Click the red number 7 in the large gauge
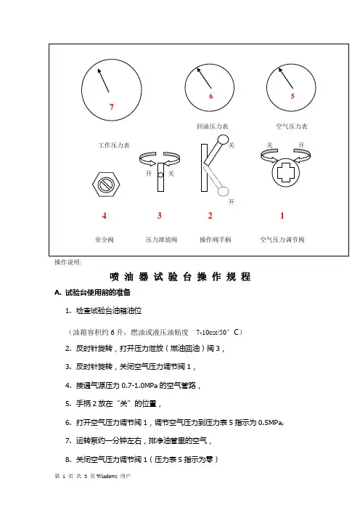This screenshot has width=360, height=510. click(x=112, y=107)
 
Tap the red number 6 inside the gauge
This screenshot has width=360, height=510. click(x=211, y=96)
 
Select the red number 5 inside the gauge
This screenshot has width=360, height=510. click(x=292, y=96)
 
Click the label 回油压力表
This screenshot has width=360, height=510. click(x=213, y=126)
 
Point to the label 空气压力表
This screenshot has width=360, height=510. click(x=292, y=126)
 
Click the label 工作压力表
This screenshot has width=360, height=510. click(x=114, y=145)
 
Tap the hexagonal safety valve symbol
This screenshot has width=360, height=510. click(x=106, y=185)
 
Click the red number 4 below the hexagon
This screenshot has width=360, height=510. click(x=105, y=216)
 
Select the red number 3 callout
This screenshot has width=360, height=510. click(x=160, y=216)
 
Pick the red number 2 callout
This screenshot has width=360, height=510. click(x=210, y=216)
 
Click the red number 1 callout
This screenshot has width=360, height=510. click(x=282, y=216)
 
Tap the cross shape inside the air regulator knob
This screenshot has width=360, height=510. click(x=285, y=172)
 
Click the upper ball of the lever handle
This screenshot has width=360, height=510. click(x=223, y=139)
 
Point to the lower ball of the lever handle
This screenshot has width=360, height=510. click(x=223, y=191)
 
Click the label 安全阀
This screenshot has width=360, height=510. click(x=105, y=240)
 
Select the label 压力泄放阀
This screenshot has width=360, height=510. click(x=161, y=240)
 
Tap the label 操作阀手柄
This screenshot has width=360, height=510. click(x=215, y=240)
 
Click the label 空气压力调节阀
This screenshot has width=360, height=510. click(x=282, y=240)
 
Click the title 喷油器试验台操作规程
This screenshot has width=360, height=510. click(x=180, y=277)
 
